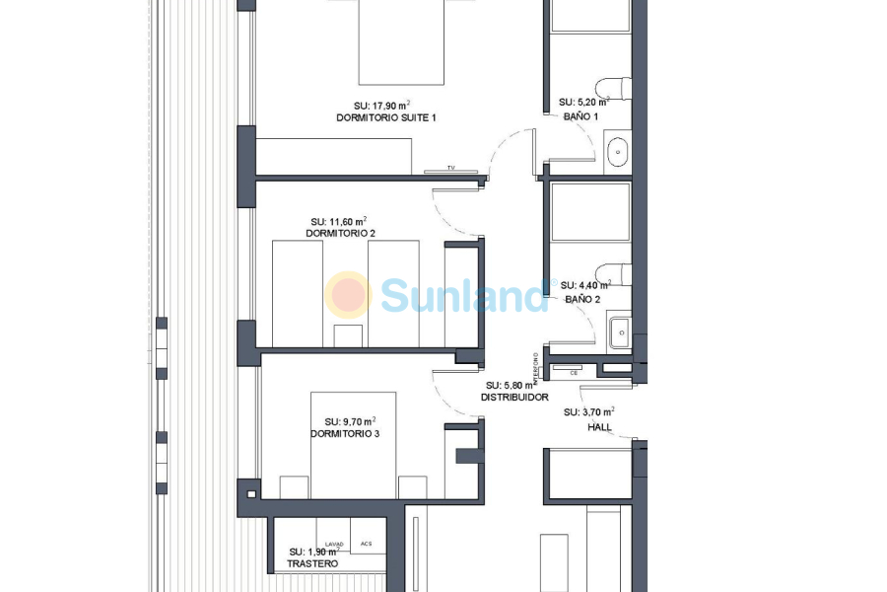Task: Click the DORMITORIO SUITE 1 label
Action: [385, 117]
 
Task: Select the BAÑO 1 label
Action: [581, 116]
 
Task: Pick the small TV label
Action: [450, 168]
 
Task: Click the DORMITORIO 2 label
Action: [340, 234]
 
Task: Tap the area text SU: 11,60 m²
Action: [339, 221]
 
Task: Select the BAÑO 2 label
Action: [582, 298]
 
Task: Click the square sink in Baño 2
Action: [619, 332]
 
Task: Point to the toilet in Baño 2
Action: [614, 273]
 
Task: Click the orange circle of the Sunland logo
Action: [348, 294]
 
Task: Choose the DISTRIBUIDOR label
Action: [514, 398]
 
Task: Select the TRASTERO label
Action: [312, 563]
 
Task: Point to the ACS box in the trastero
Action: [367, 544]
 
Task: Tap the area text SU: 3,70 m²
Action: [589, 411]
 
